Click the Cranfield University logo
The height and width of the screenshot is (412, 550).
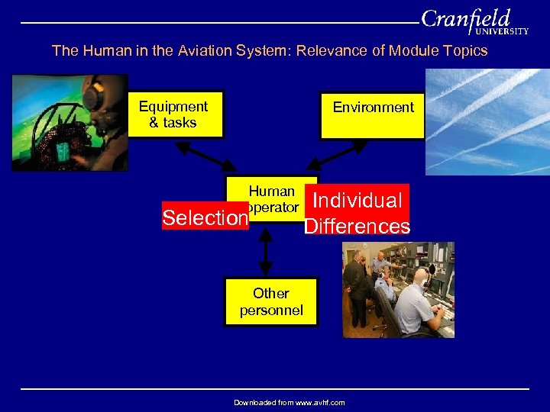coord(474,21)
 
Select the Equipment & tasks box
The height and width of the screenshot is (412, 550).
coord(174,115)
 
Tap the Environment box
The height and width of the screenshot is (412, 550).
coord(372,115)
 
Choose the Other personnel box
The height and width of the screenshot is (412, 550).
coord(270,302)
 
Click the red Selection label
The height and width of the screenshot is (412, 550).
coord(205,218)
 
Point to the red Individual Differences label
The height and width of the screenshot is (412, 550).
coord(357,213)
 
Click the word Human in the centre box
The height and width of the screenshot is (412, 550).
coord(271,192)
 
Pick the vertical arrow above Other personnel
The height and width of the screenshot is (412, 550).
coord(265,252)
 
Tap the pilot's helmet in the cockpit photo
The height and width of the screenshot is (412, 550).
coord(95,95)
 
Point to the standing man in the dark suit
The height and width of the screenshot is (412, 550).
coord(356,286)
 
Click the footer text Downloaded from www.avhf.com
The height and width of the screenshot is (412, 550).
coord(289,402)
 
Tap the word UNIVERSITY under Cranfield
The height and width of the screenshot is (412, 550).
coord(502,32)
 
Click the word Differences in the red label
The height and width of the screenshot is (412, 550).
coord(357,227)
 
